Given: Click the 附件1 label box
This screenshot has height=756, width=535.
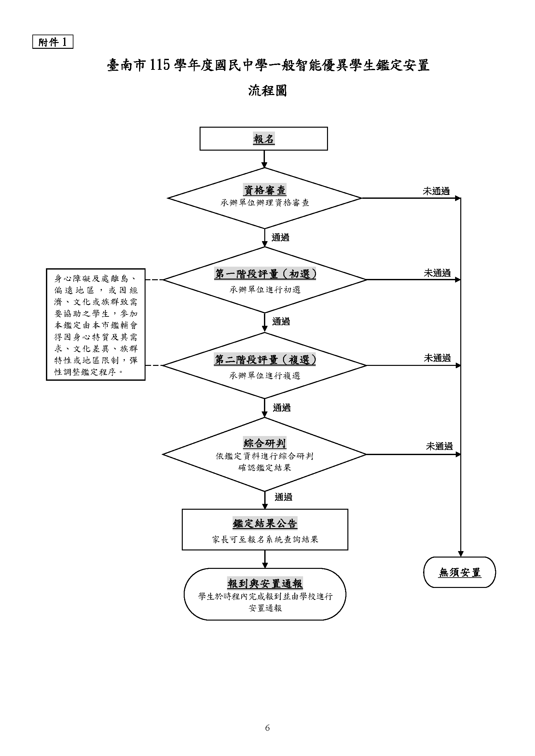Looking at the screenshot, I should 53,42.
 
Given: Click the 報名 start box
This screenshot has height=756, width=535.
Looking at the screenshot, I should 264,139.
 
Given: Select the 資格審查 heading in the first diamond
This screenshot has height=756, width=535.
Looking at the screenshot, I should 265,190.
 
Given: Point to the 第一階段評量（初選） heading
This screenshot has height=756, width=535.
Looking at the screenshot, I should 265,274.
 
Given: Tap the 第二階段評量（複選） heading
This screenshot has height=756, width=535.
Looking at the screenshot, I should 265,360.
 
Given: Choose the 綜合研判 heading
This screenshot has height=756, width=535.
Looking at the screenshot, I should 265,443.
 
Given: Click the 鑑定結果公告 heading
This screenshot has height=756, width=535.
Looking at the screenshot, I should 265,524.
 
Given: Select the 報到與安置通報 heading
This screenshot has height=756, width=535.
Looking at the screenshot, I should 265,584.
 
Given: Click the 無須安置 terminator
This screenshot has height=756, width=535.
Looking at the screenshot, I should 460,573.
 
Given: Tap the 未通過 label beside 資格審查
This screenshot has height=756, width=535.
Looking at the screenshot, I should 436,191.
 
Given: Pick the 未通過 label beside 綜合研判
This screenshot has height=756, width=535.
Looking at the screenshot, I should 439,446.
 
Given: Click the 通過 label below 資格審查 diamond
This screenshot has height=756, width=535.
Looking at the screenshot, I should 280,238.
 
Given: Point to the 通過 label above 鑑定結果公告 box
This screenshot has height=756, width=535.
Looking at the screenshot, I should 283,497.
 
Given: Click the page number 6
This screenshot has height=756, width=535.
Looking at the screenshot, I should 267,728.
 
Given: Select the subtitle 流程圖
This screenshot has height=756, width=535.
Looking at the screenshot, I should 267,91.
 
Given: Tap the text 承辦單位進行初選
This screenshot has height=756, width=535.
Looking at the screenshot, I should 265,290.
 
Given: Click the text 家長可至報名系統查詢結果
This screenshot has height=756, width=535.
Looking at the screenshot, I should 265,540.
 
